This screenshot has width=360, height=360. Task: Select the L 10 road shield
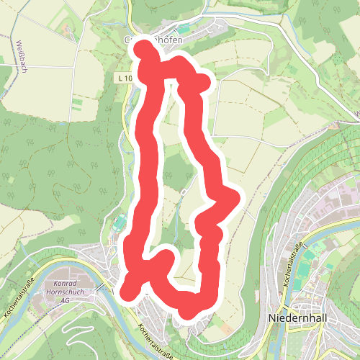point(124,77)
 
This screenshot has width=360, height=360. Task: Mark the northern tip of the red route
point(144,49)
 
